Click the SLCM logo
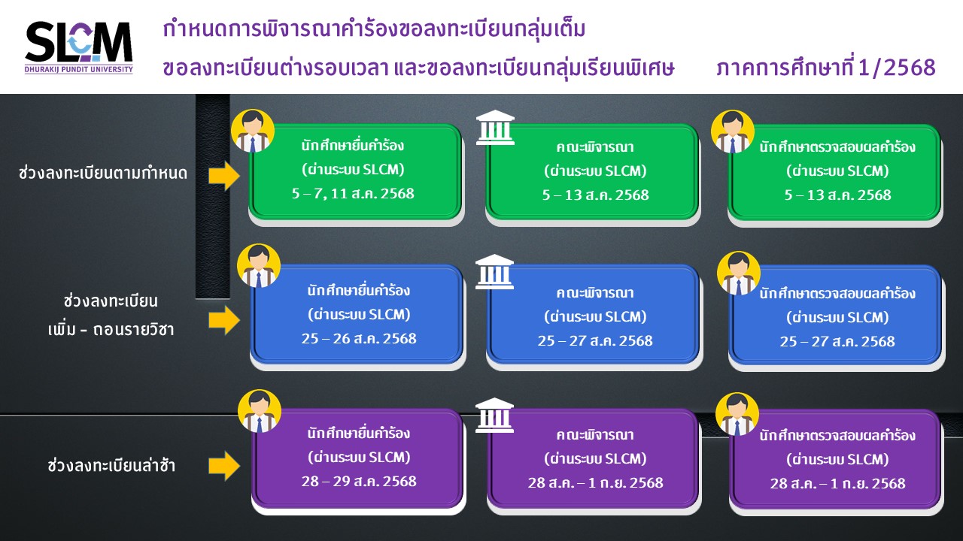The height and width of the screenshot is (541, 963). pyautogui.click(x=79, y=47)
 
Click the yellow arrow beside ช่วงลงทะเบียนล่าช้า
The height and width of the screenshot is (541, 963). pyautogui.click(x=224, y=465)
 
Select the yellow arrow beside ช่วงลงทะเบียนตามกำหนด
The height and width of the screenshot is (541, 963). pyautogui.click(x=224, y=175)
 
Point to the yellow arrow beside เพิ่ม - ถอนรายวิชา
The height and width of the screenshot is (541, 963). pyautogui.click(x=224, y=320)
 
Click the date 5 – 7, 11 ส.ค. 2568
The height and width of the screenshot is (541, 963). pyautogui.click(x=353, y=194)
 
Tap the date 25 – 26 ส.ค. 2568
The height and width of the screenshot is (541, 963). pyautogui.click(x=359, y=339)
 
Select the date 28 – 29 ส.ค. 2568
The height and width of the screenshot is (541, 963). pyautogui.click(x=359, y=482)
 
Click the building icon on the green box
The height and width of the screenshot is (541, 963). pyautogui.click(x=495, y=128)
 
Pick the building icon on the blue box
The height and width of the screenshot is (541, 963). pyautogui.click(x=494, y=271)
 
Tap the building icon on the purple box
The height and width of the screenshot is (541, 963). pyautogui.click(x=494, y=415)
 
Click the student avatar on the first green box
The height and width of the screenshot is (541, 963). pyautogui.click(x=253, y=131)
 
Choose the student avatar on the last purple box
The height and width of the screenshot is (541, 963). pyautogui.click(x=737, y=414)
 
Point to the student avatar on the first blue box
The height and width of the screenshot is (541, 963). pyautogui.click(x=258, y=265)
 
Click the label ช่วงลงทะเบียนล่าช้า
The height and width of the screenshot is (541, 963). pyautogui.click(x=111, y=465)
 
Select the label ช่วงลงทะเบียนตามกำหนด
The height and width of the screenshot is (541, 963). pyautogui.click(x=103, y=173)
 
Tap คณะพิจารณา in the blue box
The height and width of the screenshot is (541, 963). pyautogui.click(x=595, y=293)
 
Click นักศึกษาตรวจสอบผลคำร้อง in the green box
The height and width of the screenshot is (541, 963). pyautogui.click(x=837, y=147)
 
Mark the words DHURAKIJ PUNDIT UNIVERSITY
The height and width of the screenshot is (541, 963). pyautogui.click(x=79, y=70)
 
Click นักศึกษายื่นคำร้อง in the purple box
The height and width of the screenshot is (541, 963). pyautogui.click(x=359, y=433)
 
